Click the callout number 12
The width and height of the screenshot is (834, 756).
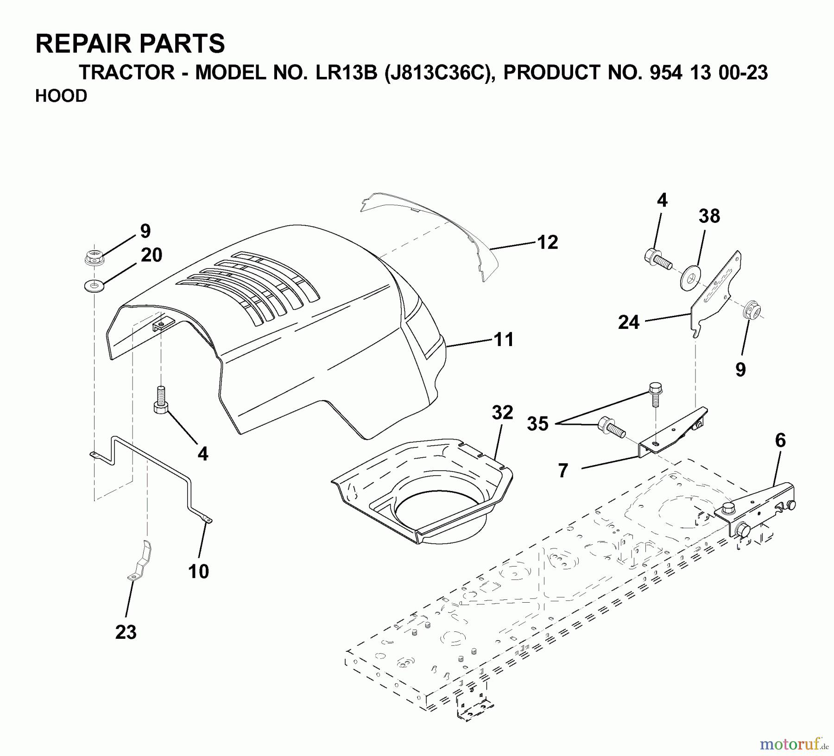pos(548,243)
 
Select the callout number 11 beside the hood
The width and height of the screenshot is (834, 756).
pos(504,340)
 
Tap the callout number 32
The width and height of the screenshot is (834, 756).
pos(503,412)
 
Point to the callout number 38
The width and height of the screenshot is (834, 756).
pos(709,216)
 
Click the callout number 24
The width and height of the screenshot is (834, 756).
pos(629,322)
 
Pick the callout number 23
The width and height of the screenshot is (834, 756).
pos(126,632)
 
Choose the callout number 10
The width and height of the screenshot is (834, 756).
pos(198,572)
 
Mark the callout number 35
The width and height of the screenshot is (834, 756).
pos(537,424)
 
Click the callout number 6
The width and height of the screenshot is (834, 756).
pos(780,441)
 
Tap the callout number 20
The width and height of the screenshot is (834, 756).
pos(152,255)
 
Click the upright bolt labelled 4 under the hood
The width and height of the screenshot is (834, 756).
pos(160,399)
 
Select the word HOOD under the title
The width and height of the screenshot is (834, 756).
pos(61,96)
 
